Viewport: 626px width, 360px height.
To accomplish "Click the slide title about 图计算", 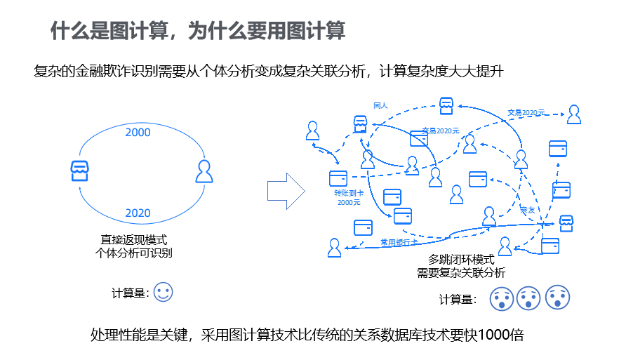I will pyautogui.click(x=197, y=32).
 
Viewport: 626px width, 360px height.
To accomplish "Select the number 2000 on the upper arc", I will pyautogui.click(x=138, y=132).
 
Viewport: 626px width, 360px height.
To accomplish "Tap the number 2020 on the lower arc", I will pyautogui.click(x=138, y=213).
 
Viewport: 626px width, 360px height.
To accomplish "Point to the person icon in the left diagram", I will pyautogui.click(x=204, y=171).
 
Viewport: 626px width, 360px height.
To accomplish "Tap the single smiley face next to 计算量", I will pyautogui.click(x=163, y=293).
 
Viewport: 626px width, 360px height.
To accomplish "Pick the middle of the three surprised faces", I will pyautogui.click(x=528, y=298).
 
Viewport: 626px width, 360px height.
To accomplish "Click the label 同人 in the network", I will pyautogui.click(x=380, y=105).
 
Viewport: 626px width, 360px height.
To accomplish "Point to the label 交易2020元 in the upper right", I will pyautogui.click(x=526, y=112).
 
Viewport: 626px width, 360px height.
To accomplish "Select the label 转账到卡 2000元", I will pyautogui.click(x=348, y=197).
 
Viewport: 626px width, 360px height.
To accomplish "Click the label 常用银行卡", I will pyautogui.click(x=399, y=241).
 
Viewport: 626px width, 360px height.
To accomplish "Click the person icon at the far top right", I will pyautogui.click(x=574, y=114).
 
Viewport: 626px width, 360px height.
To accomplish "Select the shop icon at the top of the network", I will pyautogui.click(x=446, y=105).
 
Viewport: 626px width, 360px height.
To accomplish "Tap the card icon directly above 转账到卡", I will pyautogui.click(x=338, y=178).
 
